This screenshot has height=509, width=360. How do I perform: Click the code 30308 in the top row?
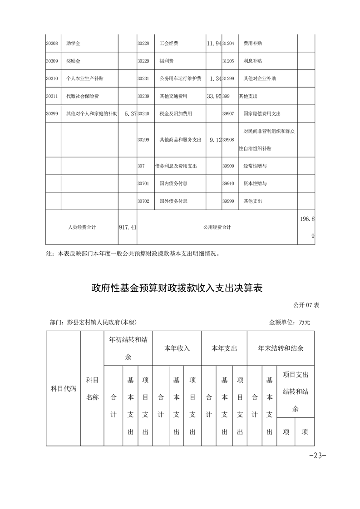coord(52,43)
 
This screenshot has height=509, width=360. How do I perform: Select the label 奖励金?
coord(73,61)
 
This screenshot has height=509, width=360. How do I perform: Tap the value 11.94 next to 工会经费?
coord(213,43)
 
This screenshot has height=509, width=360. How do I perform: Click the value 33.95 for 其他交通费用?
coord(213,96)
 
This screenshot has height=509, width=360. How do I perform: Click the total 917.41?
coord(127,227)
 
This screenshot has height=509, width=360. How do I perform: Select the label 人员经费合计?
coord(82,227)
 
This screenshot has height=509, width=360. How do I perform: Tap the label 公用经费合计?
coord(217,227)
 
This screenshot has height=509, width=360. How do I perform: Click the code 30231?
coord(143,78)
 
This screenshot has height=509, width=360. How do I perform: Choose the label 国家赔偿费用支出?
coord(262,114)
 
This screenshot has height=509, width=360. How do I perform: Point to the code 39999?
coord(228,201)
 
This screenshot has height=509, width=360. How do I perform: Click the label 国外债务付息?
coord(173,201)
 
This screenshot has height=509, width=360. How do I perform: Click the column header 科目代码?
coord(63,389)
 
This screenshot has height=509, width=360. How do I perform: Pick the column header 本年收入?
coord(177,348)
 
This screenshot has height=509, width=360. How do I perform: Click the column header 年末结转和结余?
coord(281,348)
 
